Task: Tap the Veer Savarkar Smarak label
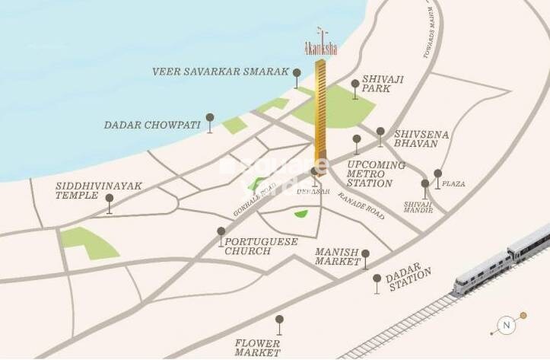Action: [x=221, y=72]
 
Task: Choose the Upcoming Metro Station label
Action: [x=370, y=174]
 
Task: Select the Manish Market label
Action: [x=337, y=256]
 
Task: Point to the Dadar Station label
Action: [x=408, y=279]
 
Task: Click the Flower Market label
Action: [x=258, y=348]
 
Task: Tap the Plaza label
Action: [x=453, y=184]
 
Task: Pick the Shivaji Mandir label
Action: [x=418, y=205]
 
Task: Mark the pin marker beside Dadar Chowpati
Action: [x=210, y=119]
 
